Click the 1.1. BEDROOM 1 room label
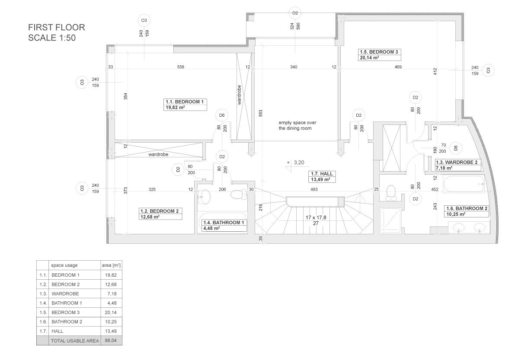(x=185, y=105)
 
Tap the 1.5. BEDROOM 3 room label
(x=379, y=55)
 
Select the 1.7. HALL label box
(x=323, y=176)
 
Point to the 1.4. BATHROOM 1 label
(x=224, y=226)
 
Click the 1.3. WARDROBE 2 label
(x=457, y=165)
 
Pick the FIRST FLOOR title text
(x=57, y=27)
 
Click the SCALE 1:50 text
(x=52, y=38)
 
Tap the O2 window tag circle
(x=295, y=13)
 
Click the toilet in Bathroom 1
(x=239, y=195)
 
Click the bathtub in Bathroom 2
(x=464, y=184)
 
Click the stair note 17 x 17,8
(x=316, y=217)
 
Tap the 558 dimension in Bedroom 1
(x=181, y=67)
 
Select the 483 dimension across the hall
(x=314, y=189)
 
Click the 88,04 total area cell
(x=111, y=341)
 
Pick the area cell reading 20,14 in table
(x=111, y=313)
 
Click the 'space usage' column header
(x=64, y=265)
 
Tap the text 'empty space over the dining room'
(x=297, y=125)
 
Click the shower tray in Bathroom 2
(x=390, y=220)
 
